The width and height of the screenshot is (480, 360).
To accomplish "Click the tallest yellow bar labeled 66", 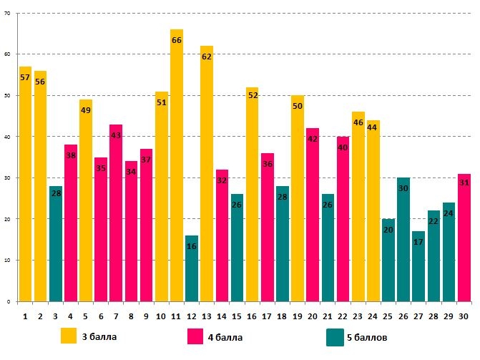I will tap(177, 165).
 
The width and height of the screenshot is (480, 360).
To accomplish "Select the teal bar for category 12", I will tap(192, 268).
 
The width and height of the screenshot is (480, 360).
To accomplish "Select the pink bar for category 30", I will tap(464, 237).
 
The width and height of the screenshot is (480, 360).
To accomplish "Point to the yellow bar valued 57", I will tap(26, 183).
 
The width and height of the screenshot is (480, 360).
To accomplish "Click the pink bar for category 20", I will tap(313, 215).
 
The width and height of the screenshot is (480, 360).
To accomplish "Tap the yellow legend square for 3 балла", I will tap(69, 336).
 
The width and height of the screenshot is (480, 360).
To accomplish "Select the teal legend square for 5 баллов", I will tap(335, 337).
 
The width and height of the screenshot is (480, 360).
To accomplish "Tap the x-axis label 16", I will tap(252, 315).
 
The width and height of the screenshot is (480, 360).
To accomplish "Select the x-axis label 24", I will tap(373, 315).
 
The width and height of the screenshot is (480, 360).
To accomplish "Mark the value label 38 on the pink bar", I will tap(71, 155).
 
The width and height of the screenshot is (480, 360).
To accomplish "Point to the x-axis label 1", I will tap(25, 315).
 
